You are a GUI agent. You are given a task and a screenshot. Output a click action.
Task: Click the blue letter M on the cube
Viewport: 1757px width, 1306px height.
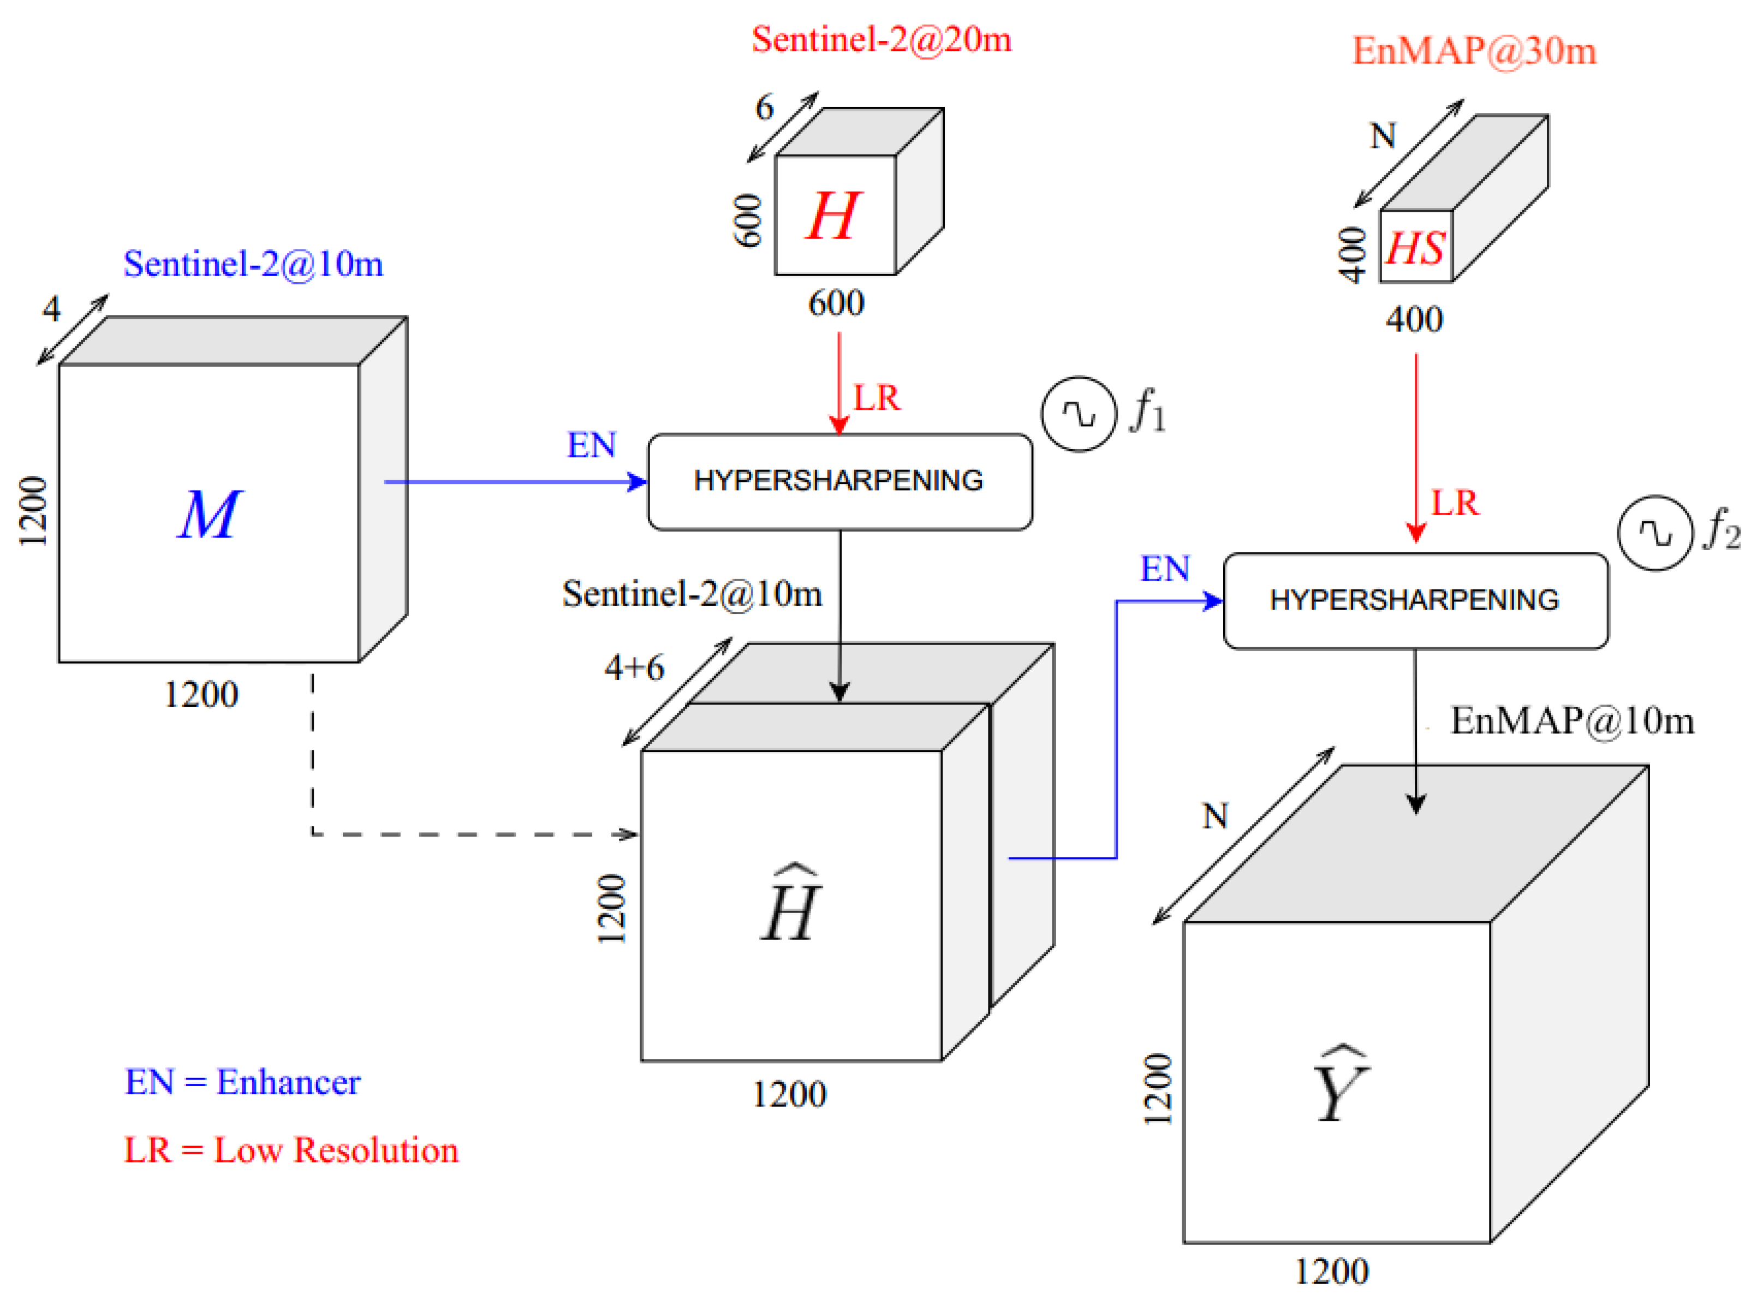point(209,515)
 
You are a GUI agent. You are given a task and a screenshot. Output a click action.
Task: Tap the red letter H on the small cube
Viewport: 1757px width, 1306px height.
point(832,216)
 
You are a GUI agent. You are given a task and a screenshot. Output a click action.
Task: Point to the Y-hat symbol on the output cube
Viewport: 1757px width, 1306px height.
point(1341,1086)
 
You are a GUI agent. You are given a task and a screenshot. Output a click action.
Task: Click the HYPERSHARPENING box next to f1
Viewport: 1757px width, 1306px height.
point(839,481)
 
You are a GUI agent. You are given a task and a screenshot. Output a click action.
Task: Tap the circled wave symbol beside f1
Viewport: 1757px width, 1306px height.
point(1078,414)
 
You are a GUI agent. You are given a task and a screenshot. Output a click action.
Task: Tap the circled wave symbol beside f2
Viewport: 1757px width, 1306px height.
point(1654,533)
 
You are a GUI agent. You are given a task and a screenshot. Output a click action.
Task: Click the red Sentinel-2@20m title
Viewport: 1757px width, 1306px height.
point(881,39)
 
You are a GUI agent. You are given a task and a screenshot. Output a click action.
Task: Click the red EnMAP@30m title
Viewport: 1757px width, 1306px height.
point(1473,51)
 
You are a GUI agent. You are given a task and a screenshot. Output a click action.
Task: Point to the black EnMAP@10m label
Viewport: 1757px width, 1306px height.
point(1571,721)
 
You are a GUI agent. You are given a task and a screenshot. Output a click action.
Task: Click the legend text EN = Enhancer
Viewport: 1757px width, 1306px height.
point(242,1082)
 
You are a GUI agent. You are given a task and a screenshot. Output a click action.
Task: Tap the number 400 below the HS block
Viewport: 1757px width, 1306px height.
point(1414,319)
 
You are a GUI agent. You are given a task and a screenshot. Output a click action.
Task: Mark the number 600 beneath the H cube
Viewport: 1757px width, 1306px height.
point(836,303)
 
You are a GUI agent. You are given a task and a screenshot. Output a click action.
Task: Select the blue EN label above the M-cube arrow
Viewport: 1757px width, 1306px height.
point(591,446)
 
